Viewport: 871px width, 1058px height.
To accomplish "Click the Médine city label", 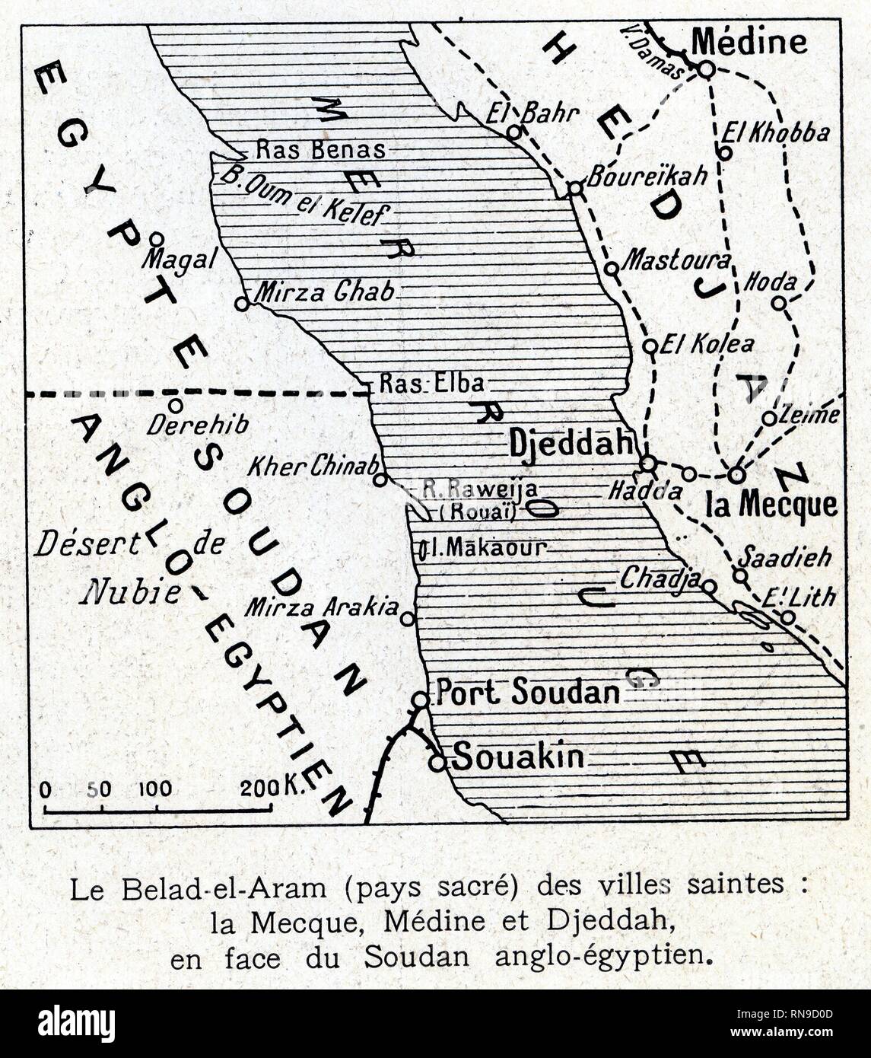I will (x=750, y=41).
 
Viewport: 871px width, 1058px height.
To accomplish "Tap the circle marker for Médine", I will (x=706, y=69).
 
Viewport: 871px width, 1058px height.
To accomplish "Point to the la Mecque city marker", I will (x=736, y=474).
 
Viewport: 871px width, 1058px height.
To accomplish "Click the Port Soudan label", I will (x=527, y=692).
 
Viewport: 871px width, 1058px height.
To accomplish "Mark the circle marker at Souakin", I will (x=437, y=761).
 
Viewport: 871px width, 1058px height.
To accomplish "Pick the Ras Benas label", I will (x=320, y=149).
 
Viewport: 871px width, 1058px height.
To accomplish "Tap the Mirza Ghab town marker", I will (x=242, y=304).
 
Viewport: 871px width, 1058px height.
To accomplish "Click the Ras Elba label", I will (x=431, y=383).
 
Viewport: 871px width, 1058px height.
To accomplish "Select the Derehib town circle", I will (x=175, y=405).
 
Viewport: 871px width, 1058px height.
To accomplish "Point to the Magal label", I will (x=180, y=260).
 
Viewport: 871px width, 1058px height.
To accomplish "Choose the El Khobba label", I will (x=775, y=132).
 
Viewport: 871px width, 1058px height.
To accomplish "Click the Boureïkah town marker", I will (x=575, y=188).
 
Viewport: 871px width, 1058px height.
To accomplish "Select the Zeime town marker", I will (x=769, y=418).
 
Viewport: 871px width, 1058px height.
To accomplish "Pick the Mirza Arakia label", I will (x=322, y=607).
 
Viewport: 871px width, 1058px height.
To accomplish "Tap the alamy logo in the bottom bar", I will (x=76, y=1023).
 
